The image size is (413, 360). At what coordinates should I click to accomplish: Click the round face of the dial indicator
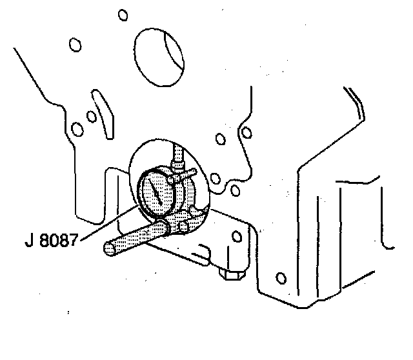click(155, 192)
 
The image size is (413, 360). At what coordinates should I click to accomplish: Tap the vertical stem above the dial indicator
click(177, 155)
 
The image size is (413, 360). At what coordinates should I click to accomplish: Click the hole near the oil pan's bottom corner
click(280, 279)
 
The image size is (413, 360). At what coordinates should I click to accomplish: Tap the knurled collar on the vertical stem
click(177, 169)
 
